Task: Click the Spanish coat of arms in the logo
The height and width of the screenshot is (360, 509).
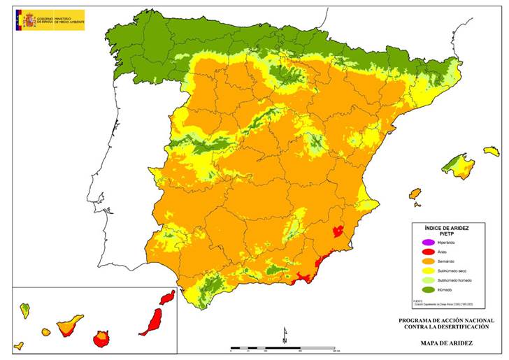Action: [x=29, y=19]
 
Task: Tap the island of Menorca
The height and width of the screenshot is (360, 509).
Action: [x=492, y=150]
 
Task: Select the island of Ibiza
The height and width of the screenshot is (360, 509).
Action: [x=415, y=193]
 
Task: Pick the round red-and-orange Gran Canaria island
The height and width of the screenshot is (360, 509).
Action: [x=102, y=339]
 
